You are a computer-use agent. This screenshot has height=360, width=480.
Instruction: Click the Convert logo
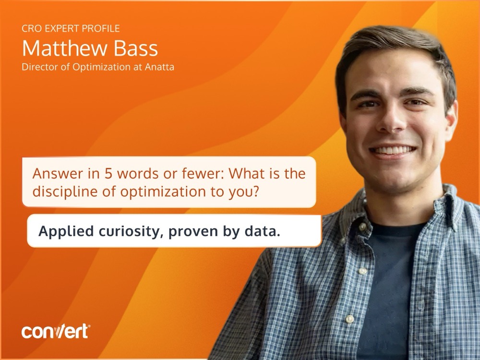(55, 331)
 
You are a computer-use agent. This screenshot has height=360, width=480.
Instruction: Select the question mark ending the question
(257, 192)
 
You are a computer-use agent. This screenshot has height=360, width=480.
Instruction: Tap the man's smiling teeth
(393, 150)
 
